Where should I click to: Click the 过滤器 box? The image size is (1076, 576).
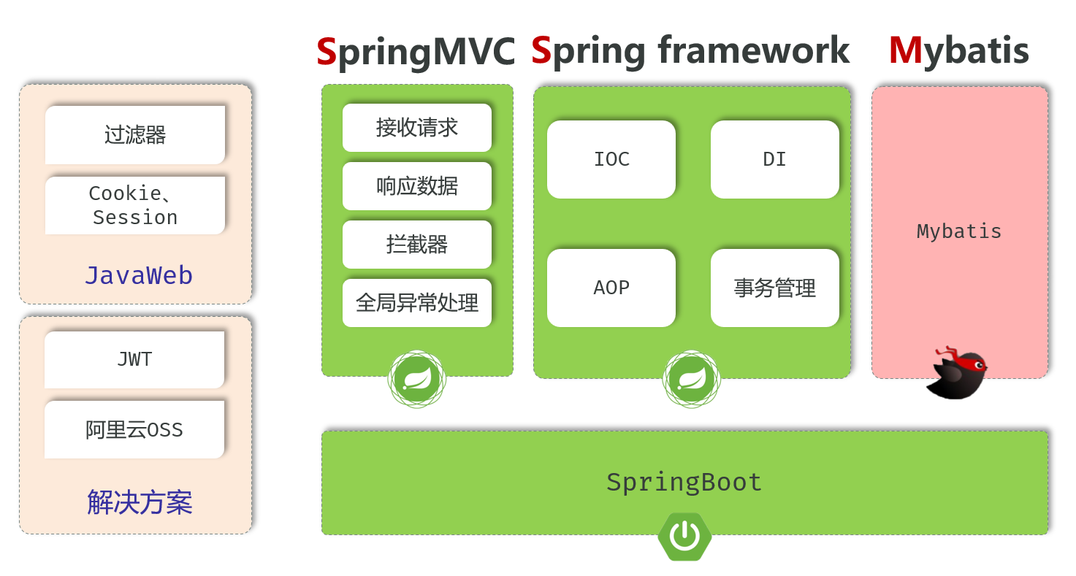pos(135,135)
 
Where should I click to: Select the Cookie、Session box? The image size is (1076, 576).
pos(135,205)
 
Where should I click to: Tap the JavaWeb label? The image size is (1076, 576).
pos(139,276)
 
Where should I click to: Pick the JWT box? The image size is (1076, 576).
pos(134,359)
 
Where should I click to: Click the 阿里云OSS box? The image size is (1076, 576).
pos(134,429)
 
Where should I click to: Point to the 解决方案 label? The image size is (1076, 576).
pos(140,502)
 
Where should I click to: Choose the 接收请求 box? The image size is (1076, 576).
pos(417,128)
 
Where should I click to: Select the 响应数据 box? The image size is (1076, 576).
pos(417,186)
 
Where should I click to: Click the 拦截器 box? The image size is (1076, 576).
pos(417,245)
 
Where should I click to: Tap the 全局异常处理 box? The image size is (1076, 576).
pos(417,302)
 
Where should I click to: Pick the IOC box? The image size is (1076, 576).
pos(611,159)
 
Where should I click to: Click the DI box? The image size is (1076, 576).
pos(774,159)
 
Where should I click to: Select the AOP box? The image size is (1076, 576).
pos(611,288)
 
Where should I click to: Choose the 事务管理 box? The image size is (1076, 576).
pos(774,288)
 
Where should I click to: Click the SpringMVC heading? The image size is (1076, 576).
pos(416,51)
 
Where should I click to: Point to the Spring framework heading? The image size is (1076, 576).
pos(690,50)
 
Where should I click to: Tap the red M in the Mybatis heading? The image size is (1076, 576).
pos(905,50)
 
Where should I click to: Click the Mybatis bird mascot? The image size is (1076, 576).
pos(958,374)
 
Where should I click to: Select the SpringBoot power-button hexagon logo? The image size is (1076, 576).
pos(684,537)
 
